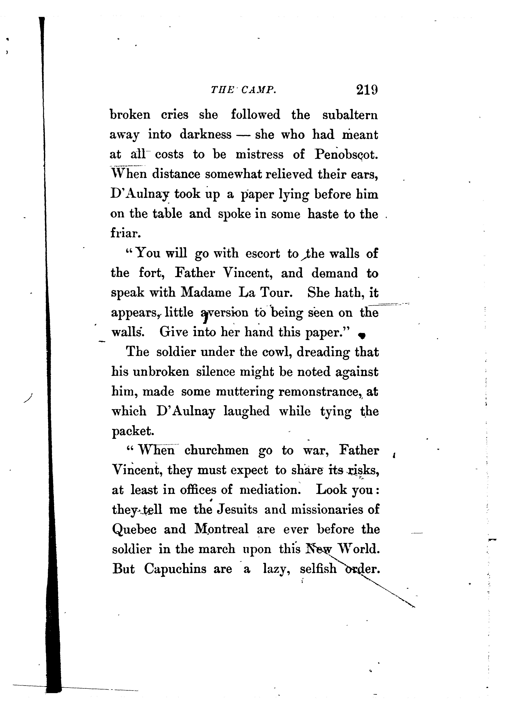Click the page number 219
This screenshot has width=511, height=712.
pos(367,90)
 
